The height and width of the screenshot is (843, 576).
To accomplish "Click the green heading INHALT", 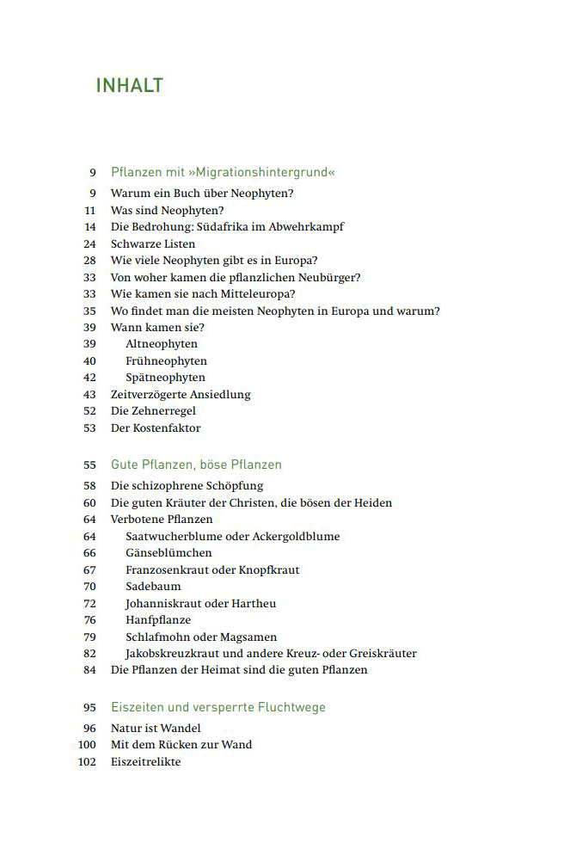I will coord(129,86).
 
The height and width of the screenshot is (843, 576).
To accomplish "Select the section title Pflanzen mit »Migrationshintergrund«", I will coord(223,172).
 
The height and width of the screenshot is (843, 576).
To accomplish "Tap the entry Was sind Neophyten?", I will coord(167,210).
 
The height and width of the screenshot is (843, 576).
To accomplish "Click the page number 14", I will coord(89,227).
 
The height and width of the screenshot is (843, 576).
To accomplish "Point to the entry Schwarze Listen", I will coord(152,243).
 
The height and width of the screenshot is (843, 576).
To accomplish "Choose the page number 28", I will coord(89,261).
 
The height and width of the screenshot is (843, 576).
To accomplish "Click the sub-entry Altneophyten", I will coord(162,344).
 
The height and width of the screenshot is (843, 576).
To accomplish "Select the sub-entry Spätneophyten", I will coord(165,378).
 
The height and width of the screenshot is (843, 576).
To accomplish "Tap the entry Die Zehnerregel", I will coord(153,411).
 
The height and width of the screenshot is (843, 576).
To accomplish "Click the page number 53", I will coord(89,428).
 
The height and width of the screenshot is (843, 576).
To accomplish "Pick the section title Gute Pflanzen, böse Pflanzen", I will coord(196,465).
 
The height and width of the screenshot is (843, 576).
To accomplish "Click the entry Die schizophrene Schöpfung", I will coord(187,486).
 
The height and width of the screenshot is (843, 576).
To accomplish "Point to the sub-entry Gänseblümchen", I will coord(169,553).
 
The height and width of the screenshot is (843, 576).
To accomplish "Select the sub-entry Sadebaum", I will coord(153,587).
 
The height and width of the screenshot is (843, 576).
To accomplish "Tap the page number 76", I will coord(89,620).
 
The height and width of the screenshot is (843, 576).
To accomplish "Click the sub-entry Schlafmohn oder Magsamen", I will coord(201,637).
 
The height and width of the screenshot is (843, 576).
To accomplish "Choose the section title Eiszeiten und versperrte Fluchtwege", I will coord(218,707).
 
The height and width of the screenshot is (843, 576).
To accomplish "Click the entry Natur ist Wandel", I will coord(156,729).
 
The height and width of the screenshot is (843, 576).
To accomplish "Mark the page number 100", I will coord(87,745).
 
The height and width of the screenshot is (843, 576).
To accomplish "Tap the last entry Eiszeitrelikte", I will coord(146,762).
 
